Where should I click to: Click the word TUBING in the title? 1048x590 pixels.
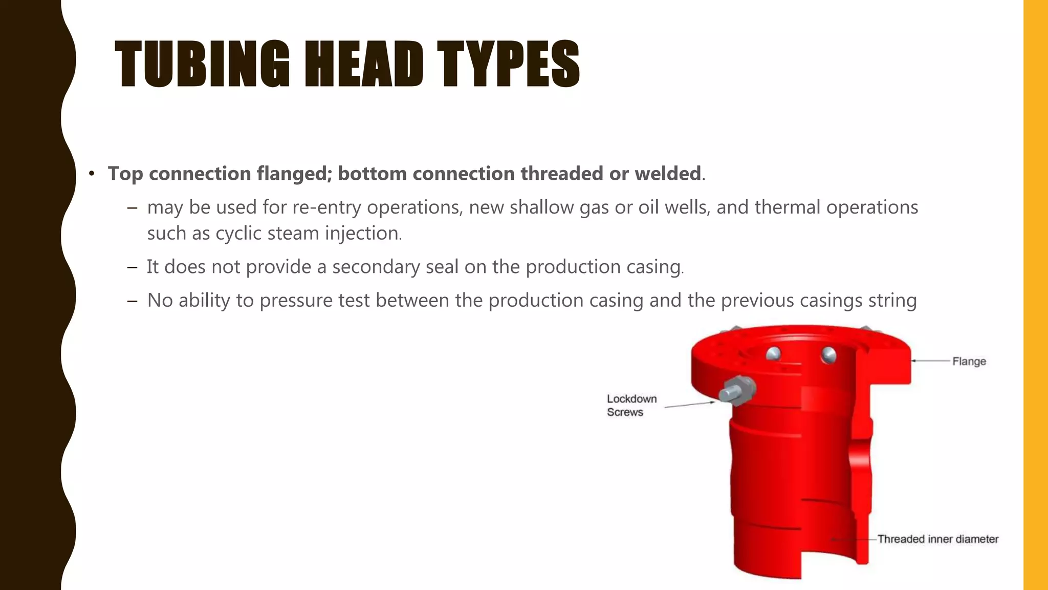point(202,64)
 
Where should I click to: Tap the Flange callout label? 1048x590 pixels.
point(969,361)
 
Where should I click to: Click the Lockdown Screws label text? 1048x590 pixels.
point(631,405)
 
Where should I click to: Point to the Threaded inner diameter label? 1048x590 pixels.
point(937,539)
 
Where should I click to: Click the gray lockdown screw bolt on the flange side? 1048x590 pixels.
point(735,390)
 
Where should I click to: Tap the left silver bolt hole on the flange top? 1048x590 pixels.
point(773,353)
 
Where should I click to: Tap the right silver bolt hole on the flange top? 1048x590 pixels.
point(827,354)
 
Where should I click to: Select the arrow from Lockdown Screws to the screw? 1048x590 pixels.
point(689,405)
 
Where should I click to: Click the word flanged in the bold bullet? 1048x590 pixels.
point(294,174)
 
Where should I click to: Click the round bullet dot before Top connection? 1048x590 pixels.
point(92,174)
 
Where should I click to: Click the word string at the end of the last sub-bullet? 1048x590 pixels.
point(892,301)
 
